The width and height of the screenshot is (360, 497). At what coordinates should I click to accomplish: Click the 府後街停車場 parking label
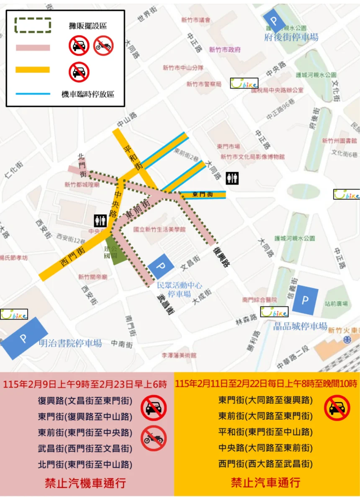(291, 38)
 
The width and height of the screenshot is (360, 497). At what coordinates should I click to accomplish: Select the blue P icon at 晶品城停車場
(305, 300)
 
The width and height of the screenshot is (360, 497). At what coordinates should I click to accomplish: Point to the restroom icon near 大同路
(232, 178)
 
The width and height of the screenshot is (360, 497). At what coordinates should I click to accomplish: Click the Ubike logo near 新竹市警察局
(244, 83)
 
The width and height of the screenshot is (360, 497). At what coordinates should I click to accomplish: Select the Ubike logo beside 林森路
(274, 312)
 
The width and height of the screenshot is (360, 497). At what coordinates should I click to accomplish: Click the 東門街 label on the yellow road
(203, 195)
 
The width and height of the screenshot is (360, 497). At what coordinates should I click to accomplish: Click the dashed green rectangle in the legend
(33, 26)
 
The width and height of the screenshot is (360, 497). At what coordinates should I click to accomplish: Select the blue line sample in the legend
(33, 93)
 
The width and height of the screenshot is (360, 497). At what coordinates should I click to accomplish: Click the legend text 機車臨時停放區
(87, 94)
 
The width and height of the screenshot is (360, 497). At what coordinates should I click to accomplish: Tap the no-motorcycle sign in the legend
(103, 46)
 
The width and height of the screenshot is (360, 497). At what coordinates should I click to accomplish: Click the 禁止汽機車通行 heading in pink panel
(85, 483)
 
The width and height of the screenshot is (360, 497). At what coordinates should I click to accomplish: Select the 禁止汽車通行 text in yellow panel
(265, 482)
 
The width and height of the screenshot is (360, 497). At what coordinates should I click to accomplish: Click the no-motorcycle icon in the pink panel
(154, 438)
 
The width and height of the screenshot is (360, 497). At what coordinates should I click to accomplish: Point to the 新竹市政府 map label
(225, 50)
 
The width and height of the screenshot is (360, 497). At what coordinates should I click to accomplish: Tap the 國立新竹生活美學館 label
(159, 229)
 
